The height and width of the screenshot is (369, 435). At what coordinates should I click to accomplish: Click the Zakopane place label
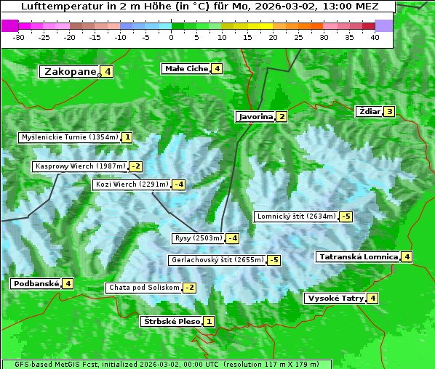click(70, 71)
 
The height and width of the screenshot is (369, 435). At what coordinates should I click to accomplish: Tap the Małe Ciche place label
click(185, 69)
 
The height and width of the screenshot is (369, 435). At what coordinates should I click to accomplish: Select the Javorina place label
click(255, 116)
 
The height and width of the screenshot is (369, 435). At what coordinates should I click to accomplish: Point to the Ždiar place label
click(370, 111)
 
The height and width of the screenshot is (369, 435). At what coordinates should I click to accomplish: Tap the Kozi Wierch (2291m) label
click(132, 184)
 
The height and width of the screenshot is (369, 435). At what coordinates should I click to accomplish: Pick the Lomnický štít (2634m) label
click(296, 216)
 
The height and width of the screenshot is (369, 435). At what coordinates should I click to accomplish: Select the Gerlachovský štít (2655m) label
click(217, 260)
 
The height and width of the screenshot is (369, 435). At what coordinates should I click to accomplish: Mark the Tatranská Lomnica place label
click(358, 256)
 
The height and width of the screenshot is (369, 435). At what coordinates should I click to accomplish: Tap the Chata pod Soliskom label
click(143, 288)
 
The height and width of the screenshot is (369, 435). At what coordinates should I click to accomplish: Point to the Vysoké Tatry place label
click(335, 298)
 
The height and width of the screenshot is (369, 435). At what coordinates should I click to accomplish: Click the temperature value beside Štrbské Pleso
click(209, 322)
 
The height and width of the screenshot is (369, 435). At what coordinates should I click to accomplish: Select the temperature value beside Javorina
click(282, 116)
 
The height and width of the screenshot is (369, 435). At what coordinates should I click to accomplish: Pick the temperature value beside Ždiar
click(390, 112)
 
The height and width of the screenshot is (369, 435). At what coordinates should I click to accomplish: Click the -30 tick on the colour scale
click(19, 37)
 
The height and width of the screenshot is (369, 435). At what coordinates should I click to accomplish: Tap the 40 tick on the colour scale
click(375, 37)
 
